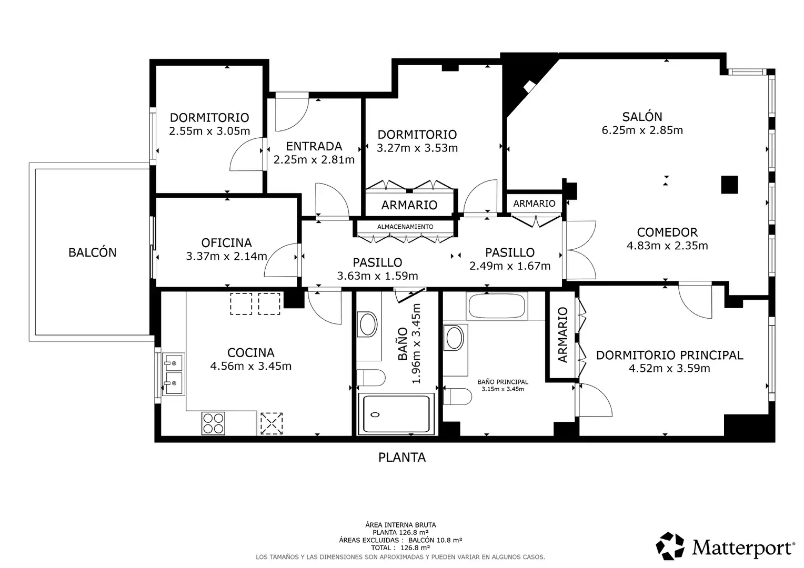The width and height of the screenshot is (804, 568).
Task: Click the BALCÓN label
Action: tap(92, 252)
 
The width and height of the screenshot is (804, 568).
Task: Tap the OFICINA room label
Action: tap(226, 243)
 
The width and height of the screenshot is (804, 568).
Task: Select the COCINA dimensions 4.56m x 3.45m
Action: tap(250, 367)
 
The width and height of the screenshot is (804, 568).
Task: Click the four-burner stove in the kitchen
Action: tap(213, 423)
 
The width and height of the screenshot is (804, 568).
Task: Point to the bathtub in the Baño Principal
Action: tap(497, 306)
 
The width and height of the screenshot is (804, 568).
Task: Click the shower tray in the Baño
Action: tap(396, 414)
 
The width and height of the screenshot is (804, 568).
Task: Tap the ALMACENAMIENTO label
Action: tap(405, 227)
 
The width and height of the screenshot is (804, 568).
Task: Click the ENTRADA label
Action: tap(314, 146)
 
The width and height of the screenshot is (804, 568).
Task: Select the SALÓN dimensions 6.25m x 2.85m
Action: tap(642, 130)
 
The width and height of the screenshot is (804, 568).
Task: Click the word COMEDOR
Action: tap(667, 232)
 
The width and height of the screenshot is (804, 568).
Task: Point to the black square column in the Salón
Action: tap(729, 185)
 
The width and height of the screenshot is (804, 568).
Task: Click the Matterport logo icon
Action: tap(670, 546)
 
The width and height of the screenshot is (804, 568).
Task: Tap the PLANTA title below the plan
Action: tap(402, 458)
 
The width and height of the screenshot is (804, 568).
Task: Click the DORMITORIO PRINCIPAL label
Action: tap(669, 355)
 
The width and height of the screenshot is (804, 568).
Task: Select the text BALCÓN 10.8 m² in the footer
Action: tap(435, 540)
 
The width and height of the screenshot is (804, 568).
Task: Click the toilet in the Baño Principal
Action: tap(457, 397)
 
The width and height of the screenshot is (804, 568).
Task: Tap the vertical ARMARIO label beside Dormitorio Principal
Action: tap(562, 335)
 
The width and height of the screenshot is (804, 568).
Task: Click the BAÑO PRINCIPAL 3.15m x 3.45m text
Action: tap(502, 386)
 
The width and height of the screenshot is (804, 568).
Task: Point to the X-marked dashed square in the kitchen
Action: tap(272, 423)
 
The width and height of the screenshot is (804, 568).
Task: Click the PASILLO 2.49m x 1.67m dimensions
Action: tap(510, 266)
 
